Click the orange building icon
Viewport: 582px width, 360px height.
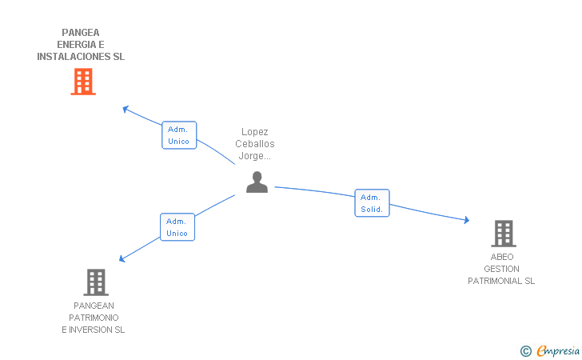[83, 82]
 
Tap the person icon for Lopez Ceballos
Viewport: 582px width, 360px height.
[257, 182]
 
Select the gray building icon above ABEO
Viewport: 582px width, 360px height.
[504, 234]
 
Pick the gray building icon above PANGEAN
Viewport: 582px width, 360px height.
[96, 282]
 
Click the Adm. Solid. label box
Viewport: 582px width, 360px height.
[372, 203]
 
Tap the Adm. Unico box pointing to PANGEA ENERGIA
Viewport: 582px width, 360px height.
[179, 135]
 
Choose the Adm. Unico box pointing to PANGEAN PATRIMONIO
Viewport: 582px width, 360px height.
[177, 227]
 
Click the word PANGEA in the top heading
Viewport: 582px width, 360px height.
[81, 33]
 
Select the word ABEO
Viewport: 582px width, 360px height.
[502, 257]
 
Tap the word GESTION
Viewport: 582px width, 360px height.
[501, 269]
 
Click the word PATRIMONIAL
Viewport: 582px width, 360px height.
[495, 281]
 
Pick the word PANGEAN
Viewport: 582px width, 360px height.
[94, 306]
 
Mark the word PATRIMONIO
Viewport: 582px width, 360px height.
[94, 318]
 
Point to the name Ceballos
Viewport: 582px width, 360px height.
[255, 144]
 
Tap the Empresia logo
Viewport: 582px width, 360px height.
[558, 350]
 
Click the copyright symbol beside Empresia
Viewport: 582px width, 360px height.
[525, 351]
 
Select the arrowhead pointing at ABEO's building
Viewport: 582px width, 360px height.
[467, 220]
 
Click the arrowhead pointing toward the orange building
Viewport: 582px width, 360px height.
[126, 110]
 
